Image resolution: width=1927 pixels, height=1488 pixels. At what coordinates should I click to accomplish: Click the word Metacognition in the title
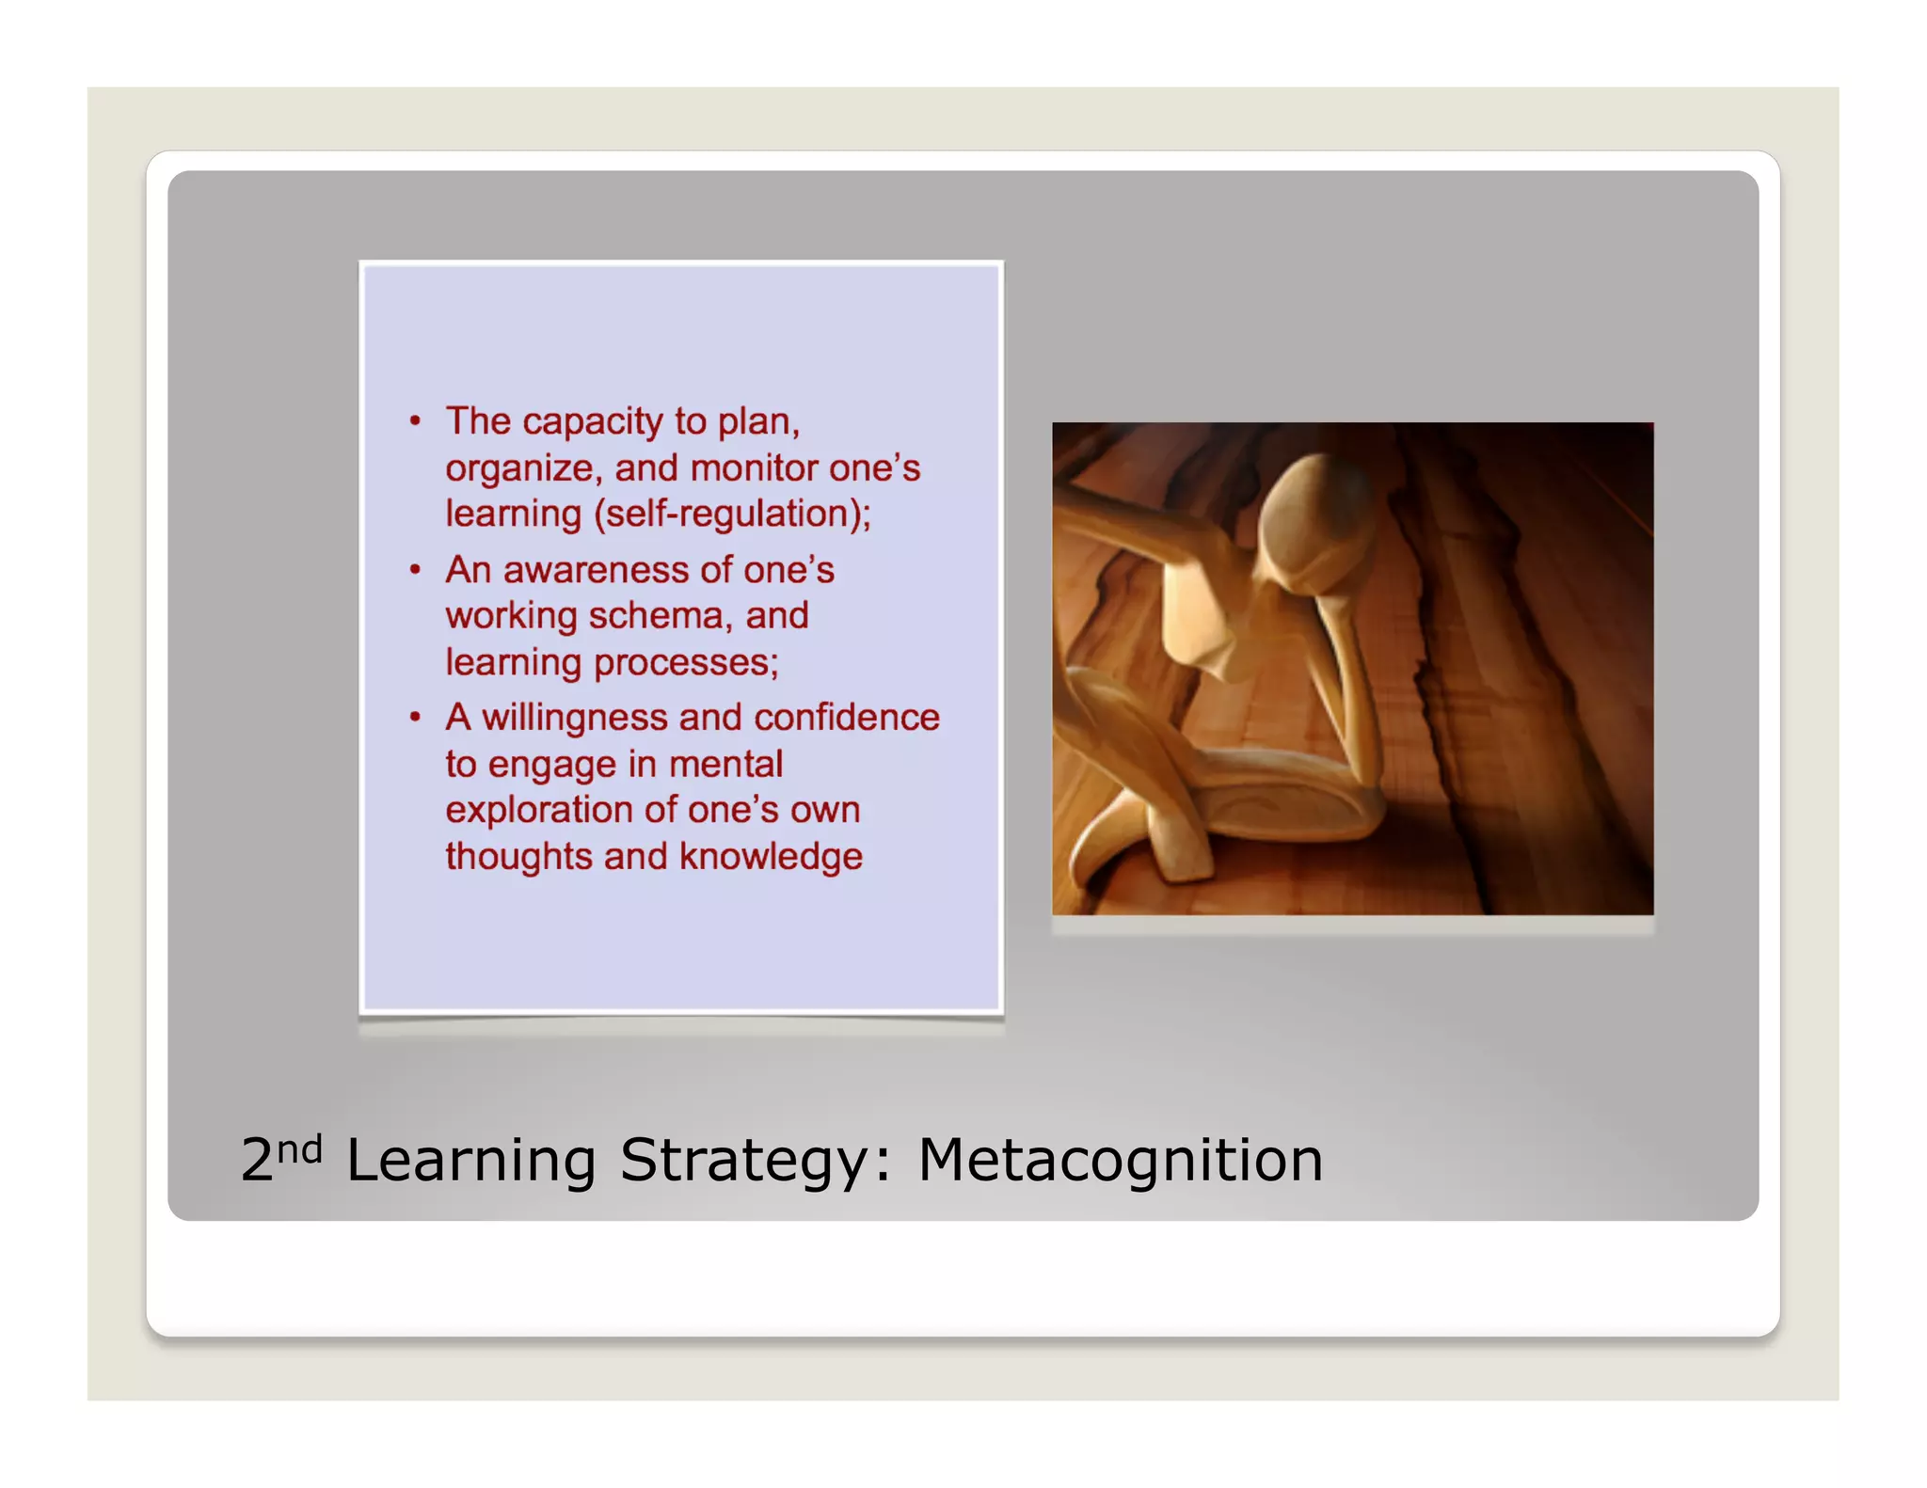point(1120,1160)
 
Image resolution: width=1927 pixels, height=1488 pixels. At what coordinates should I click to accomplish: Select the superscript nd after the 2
point(300,1148)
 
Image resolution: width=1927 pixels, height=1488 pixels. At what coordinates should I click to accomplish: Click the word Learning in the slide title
point(470,1162)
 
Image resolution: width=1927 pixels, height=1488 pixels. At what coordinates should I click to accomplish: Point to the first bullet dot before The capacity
point(415,421)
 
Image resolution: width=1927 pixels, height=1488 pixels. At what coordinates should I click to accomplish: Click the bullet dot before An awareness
point(415,570)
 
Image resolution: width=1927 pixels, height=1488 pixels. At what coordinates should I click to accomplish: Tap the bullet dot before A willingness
point(415,718)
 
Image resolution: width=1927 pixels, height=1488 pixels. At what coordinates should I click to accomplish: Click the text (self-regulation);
point(733,514)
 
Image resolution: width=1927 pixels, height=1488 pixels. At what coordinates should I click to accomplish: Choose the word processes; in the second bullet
point(686,663)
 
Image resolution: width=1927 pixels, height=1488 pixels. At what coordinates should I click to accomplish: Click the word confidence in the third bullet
point(847,718)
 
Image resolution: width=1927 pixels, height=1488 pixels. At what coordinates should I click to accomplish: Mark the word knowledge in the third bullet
point(771,857)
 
